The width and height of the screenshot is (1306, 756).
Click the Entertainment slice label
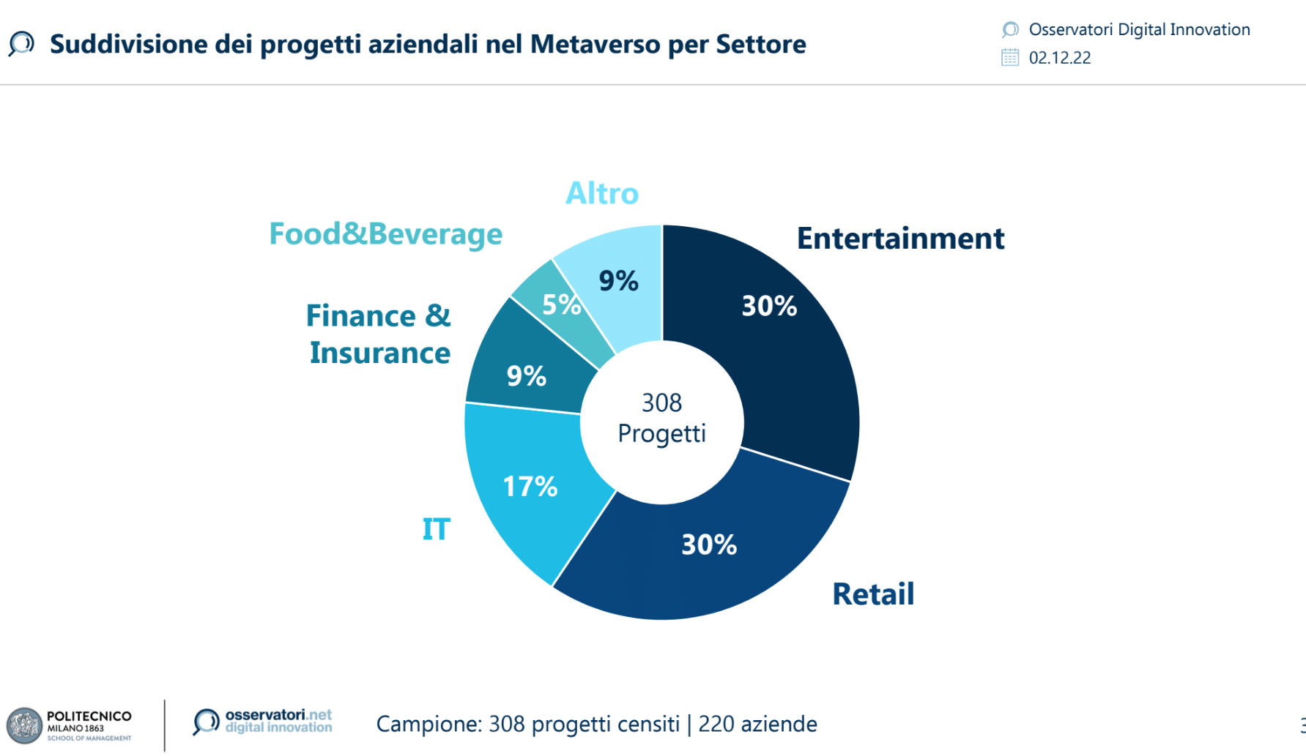point(900,239)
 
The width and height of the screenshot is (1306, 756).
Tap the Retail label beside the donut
point(873,594)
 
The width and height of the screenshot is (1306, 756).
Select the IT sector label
point(436,529)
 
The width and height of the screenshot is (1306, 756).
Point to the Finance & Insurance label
point(379,334)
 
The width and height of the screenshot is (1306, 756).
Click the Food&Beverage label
point(386,234)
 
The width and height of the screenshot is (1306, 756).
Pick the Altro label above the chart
point(602,194)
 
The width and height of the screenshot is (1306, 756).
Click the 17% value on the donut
point(530,487)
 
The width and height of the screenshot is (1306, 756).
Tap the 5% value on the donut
point(561,304)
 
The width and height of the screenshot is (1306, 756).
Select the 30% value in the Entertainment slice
point(769,306)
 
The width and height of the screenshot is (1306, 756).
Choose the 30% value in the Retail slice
point(709,544)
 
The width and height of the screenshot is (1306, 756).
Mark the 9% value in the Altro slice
point(619,281)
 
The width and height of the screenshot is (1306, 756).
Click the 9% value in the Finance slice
point(527,376)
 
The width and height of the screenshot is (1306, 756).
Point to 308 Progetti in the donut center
point(662,418)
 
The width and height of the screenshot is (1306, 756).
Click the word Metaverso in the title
point(596,45)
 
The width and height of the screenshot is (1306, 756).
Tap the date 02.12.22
point(1060,58)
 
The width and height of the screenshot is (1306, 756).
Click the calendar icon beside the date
point(1010,57)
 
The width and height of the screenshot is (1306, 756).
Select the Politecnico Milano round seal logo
point(25,726)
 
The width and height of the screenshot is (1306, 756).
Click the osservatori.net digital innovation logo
point(262,721)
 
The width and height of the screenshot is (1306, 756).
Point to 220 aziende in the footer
point(757,724)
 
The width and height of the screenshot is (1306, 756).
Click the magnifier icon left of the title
point(21,44)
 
